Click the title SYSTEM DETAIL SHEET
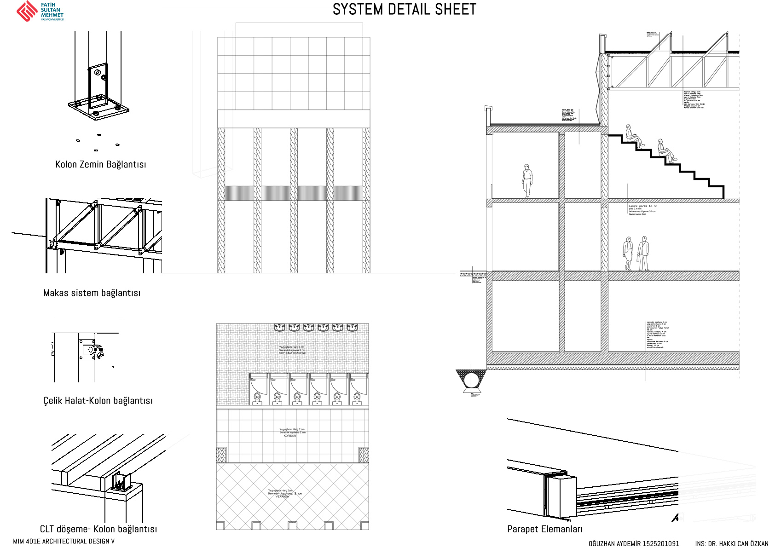point(405,10)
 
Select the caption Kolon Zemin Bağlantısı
point(101,165)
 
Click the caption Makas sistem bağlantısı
point(92,293)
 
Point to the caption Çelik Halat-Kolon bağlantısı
point(98,401)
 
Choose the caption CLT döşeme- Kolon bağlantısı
point(98,529)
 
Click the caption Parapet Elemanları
point(545,529)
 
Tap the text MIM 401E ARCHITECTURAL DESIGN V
point(64,542)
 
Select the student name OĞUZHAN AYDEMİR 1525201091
point(634,543)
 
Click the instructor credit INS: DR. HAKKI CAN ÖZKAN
point(732,543)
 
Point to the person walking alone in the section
point(527,181)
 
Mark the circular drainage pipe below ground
point(471,381)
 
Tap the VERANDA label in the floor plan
point(282,497)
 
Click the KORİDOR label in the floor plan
point(290,436)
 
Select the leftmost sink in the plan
point(279,328)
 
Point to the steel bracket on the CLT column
point(121,482)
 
